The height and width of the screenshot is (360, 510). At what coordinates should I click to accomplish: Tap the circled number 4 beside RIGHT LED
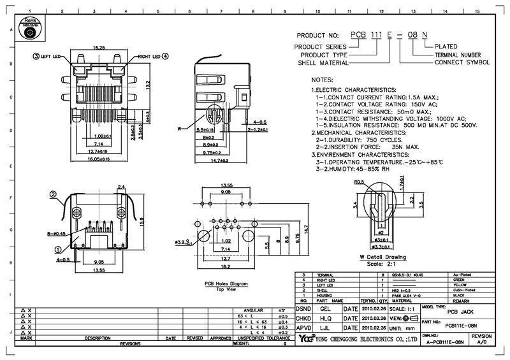(165, 56)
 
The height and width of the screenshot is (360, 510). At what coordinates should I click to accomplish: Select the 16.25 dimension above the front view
(99, 47)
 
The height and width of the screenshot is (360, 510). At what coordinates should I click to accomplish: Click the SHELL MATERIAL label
(321, 62)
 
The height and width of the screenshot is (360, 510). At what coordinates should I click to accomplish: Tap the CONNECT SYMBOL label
(462, 62)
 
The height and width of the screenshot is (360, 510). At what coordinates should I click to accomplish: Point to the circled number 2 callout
(54, 194)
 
